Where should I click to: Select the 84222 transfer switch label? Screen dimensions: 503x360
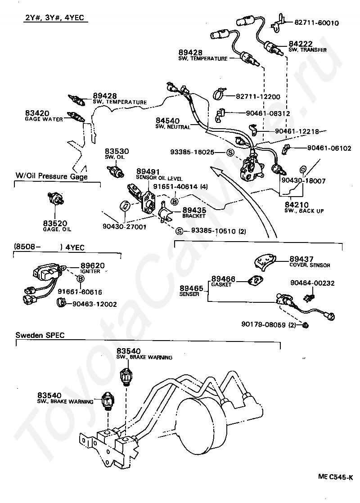coord(300,44)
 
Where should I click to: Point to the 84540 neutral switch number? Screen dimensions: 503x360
coord(167,121)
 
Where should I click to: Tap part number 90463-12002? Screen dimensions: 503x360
coord(94,304)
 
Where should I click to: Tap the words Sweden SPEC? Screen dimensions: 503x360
coord(40,335)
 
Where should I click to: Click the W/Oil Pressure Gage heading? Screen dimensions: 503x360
coord(51,177)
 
